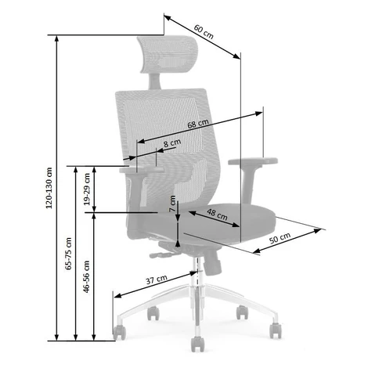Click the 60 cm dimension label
coord(204,32)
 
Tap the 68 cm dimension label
coord(198,124)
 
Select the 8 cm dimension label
coord(172,143)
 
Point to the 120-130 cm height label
coord(49,188)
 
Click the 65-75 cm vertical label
coord(68,254)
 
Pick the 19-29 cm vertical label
coord(87,189)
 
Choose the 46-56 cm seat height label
coord(86,276)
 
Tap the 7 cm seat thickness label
coord(172,204)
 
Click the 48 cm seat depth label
coord(217,215)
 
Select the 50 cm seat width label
coord(280,238)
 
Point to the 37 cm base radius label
coord(157,280)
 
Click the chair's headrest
coord(168,54)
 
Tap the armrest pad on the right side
coord(253,161)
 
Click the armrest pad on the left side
coord(142,170)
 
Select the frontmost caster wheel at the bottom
coord(197,344)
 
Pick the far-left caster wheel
coord(120,333)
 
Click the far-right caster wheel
coord(276,330)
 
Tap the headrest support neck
coord(154,81)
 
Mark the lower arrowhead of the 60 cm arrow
coord(236,56)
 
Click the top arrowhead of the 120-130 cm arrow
coord(56,38)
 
